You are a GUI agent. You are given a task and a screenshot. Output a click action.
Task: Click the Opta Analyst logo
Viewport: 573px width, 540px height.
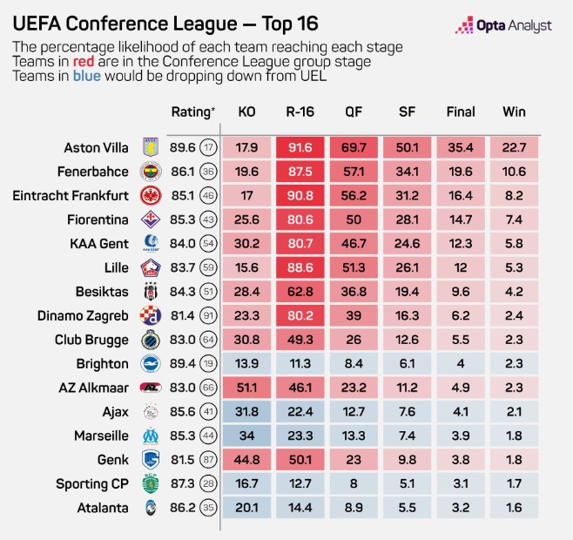503,26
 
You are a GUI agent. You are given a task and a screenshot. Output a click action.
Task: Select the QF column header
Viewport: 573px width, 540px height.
354,111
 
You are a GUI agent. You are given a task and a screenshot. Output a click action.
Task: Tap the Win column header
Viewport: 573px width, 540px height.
514,111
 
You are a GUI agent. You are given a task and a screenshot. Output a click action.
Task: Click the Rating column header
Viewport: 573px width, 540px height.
192,111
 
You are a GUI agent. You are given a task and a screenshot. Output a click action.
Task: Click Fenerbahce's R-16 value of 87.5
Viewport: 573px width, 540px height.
301,172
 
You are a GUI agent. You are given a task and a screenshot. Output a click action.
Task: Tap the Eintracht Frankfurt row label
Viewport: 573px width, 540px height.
71,195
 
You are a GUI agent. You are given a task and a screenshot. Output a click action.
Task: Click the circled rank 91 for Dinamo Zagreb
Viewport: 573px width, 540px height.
207,315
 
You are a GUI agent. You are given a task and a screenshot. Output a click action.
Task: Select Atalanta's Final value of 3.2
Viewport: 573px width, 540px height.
461,508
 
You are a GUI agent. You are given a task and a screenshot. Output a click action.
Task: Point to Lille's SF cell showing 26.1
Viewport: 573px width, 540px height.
408,267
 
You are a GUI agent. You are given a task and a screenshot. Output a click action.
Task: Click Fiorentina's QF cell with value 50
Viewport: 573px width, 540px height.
354,219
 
